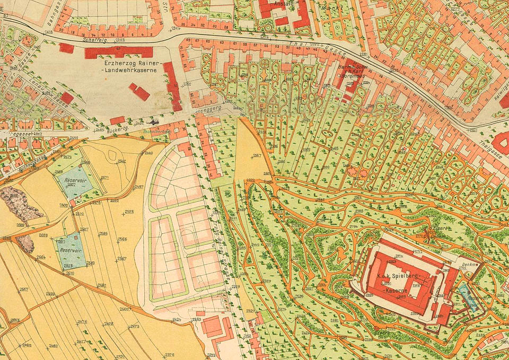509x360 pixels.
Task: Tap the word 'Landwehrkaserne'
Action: [x=128, y=69]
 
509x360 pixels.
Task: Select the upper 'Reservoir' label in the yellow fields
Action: [x=76, y=181]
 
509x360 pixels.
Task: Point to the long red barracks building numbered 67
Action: [x=118, y=52]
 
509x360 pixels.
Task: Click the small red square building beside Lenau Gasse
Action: [x=67, y=98]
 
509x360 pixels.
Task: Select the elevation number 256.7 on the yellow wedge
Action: [x=257, y=155]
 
